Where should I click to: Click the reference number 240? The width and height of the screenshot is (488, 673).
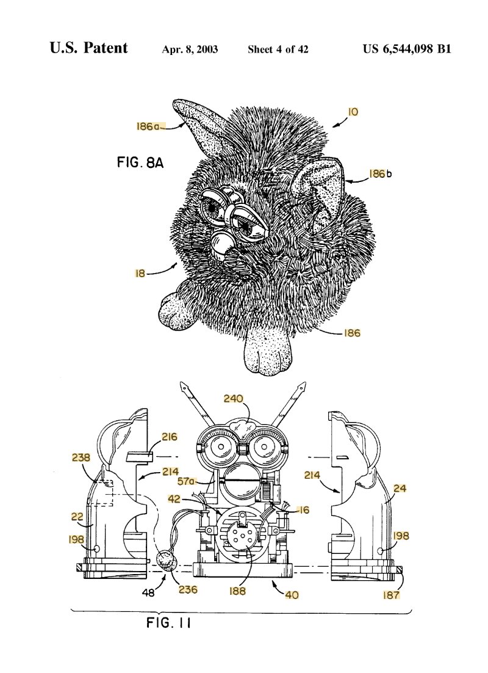click(x=233, y=399)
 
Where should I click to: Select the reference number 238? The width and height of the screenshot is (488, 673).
click(x=81, y=457)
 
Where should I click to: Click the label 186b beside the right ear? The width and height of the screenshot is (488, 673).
click(x=379, y=174)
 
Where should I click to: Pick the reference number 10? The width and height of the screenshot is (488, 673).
click(x=353, y=112)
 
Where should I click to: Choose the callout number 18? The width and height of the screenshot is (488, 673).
click(x=140, y=274)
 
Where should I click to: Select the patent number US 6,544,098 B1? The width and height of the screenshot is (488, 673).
click(x=407, y=49)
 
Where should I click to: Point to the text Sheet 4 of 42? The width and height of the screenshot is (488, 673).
click(x=278, y=49)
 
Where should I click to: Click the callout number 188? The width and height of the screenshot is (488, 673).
click(x=237, y=591)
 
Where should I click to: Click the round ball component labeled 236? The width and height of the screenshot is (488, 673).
click(x=165, y=559)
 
